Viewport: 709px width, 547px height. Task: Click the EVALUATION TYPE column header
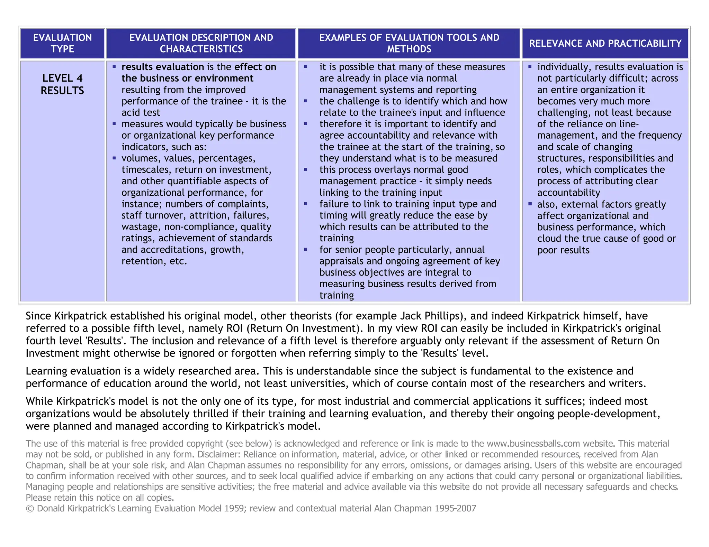point(62,43)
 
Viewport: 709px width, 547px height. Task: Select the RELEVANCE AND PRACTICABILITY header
point(605,43)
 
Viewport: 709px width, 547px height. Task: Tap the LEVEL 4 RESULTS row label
point(62,84)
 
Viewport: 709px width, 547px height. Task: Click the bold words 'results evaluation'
point(163,67)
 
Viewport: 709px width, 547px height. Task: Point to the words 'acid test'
point(141,113)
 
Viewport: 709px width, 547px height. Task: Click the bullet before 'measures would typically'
point(114,124)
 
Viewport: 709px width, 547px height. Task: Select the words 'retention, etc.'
point(154,261)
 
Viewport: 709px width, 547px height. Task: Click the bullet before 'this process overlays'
point(306,169)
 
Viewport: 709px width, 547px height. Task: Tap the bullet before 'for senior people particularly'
point(306,249)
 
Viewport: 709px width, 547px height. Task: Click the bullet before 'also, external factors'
point(530,204)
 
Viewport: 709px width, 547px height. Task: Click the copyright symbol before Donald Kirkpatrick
point(30,509)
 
